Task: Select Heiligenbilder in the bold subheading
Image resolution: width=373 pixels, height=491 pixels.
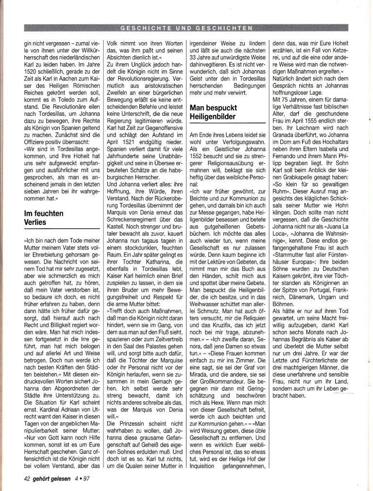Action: [x=213, y=117]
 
